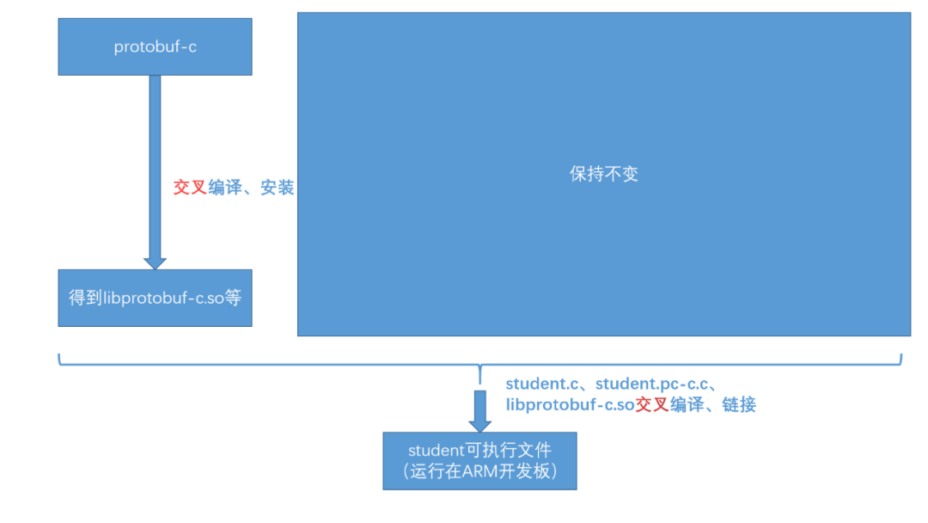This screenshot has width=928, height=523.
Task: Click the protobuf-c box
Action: click(x=155, y=46)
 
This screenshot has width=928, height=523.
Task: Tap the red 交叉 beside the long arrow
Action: click(x=190, y=188)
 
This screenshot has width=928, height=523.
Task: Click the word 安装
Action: click(x=278, y=188)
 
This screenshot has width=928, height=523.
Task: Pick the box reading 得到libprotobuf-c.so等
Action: click(x=155, y=298)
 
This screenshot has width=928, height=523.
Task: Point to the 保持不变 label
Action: click(x=604, y=174)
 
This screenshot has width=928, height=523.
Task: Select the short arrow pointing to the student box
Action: click(x=479, y=410)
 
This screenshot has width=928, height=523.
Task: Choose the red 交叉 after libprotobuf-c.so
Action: click(x=651, y=405)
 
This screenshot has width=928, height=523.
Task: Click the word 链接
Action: click(x=739, y=405)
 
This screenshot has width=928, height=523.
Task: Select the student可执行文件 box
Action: click(x=479, y=460)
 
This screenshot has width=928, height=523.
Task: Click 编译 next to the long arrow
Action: click(x=225, y=188)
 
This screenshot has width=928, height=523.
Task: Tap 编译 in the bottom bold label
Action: click(x=687, y=405)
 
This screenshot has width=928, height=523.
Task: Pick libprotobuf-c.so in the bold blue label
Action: click(x=570, y=405)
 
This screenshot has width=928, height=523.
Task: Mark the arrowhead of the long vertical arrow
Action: click(x=155, y=261)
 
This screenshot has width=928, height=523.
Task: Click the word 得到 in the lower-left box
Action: click(x=85, y=298)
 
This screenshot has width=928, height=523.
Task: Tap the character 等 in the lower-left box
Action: click(x=233, y=298)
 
